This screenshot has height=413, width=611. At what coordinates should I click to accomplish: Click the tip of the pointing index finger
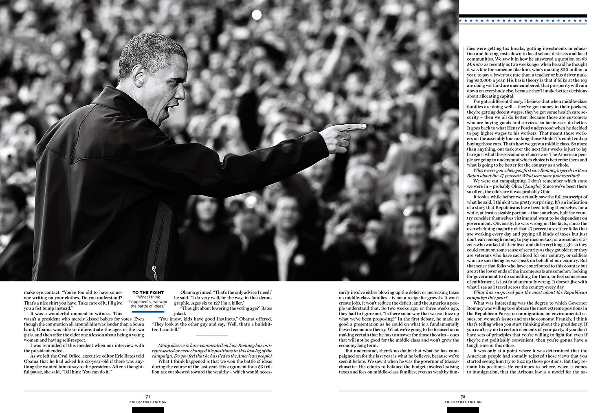tap(363, 127)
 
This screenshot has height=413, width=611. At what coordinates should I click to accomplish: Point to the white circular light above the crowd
tap(257, 15)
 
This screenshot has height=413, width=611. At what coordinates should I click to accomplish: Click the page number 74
tap(148, 396)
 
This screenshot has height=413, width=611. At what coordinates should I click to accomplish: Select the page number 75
tap(463, 396)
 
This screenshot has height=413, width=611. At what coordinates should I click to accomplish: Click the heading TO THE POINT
tap(148, 292)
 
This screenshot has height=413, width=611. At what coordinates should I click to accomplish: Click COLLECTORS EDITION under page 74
tap(148, 402)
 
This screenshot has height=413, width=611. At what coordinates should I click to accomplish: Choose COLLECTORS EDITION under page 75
tap(463, 402)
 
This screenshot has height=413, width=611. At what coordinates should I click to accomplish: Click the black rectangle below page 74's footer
tap(148, 410)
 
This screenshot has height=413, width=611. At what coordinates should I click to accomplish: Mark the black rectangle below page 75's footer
tap(463, 410)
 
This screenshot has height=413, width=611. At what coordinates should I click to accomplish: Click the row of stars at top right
tap(523, 20)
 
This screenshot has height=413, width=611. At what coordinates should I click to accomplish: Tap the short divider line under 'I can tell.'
tap(211, 335)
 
